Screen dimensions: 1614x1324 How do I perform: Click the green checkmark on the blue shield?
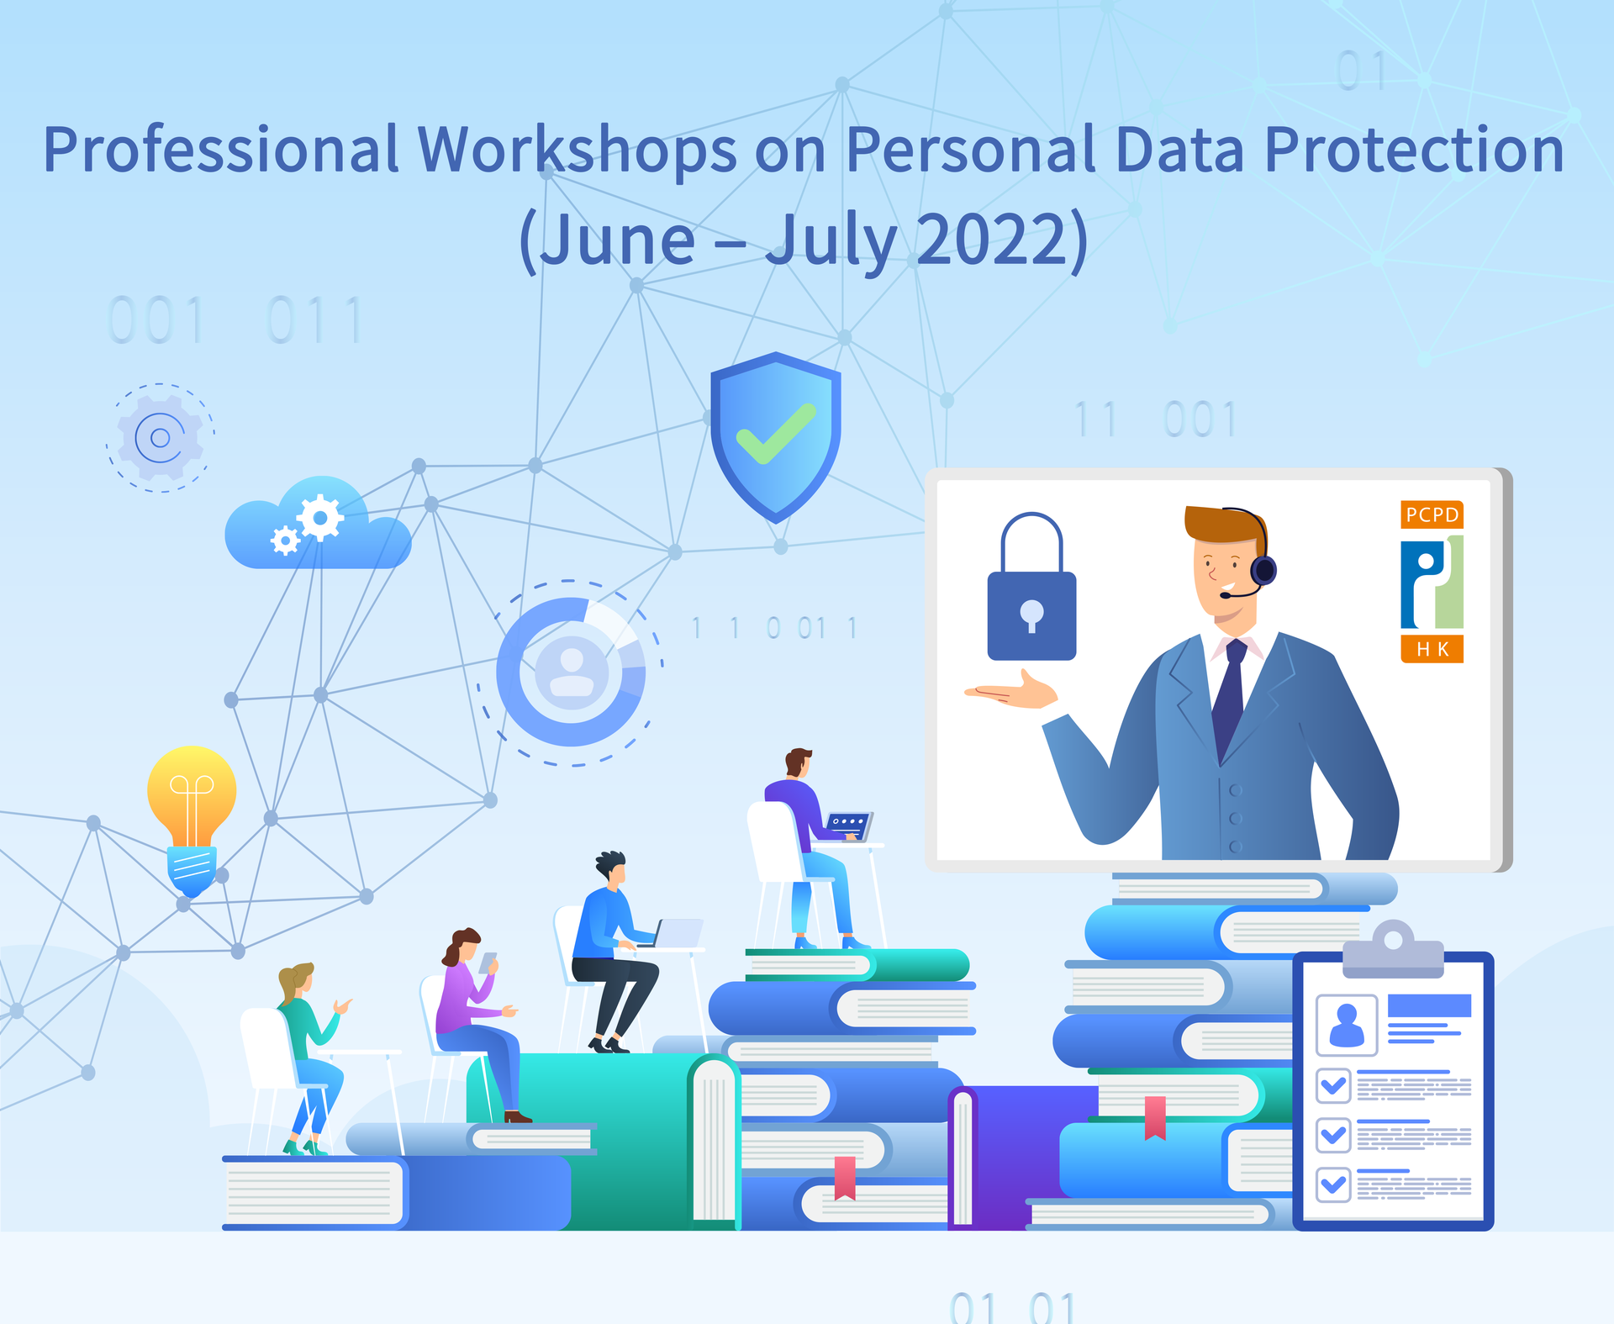[x=776, y=434]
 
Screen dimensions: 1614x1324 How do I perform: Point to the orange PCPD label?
[x=1432, y=514]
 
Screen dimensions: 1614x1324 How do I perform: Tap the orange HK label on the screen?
[x=1432, y=649]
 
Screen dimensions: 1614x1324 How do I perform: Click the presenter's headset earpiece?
[x=1263, y=570]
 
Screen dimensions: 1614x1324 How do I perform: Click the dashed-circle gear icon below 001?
[x=160, y=437]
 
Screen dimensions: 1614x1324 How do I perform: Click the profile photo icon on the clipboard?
[x=1347, y=1025]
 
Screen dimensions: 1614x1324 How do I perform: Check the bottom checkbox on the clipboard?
[x=1333, y=1184]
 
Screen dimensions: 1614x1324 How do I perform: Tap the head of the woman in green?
[x=296, y=981]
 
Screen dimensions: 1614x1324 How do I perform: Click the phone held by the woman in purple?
[x=488, y=963]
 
